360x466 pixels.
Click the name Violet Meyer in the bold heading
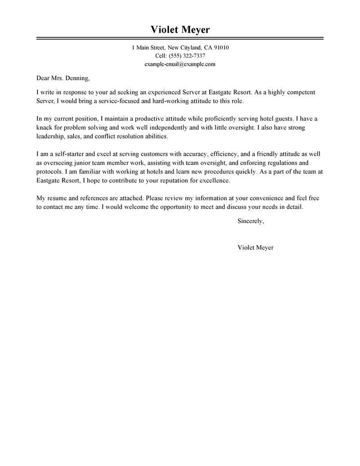180,30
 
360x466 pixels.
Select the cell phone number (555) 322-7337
187,56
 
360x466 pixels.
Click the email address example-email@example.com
180,64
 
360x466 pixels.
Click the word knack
45,127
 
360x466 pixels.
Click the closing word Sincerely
251,221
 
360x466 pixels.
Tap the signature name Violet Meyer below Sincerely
255,247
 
